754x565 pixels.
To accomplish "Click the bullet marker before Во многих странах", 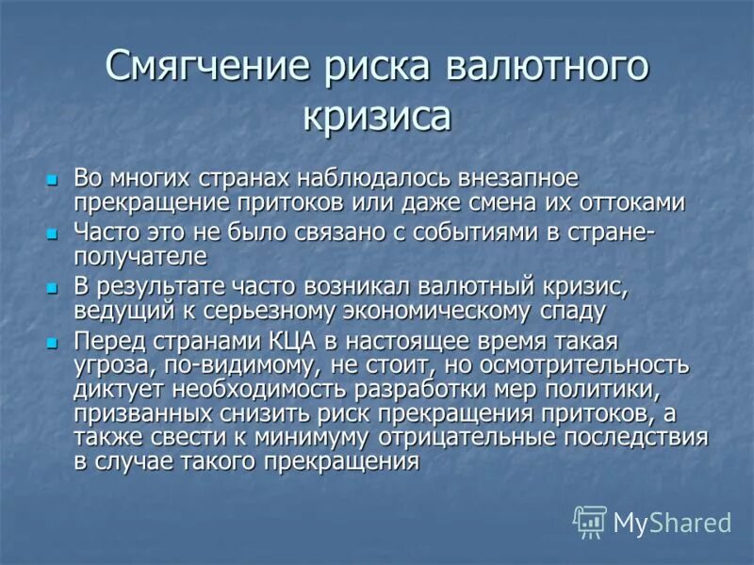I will coord(53,179).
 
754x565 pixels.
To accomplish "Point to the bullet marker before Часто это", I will coord(53,233).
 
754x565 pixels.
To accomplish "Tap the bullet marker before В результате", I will coord(53,286).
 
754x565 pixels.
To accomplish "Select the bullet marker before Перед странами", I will coord(53,340).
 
